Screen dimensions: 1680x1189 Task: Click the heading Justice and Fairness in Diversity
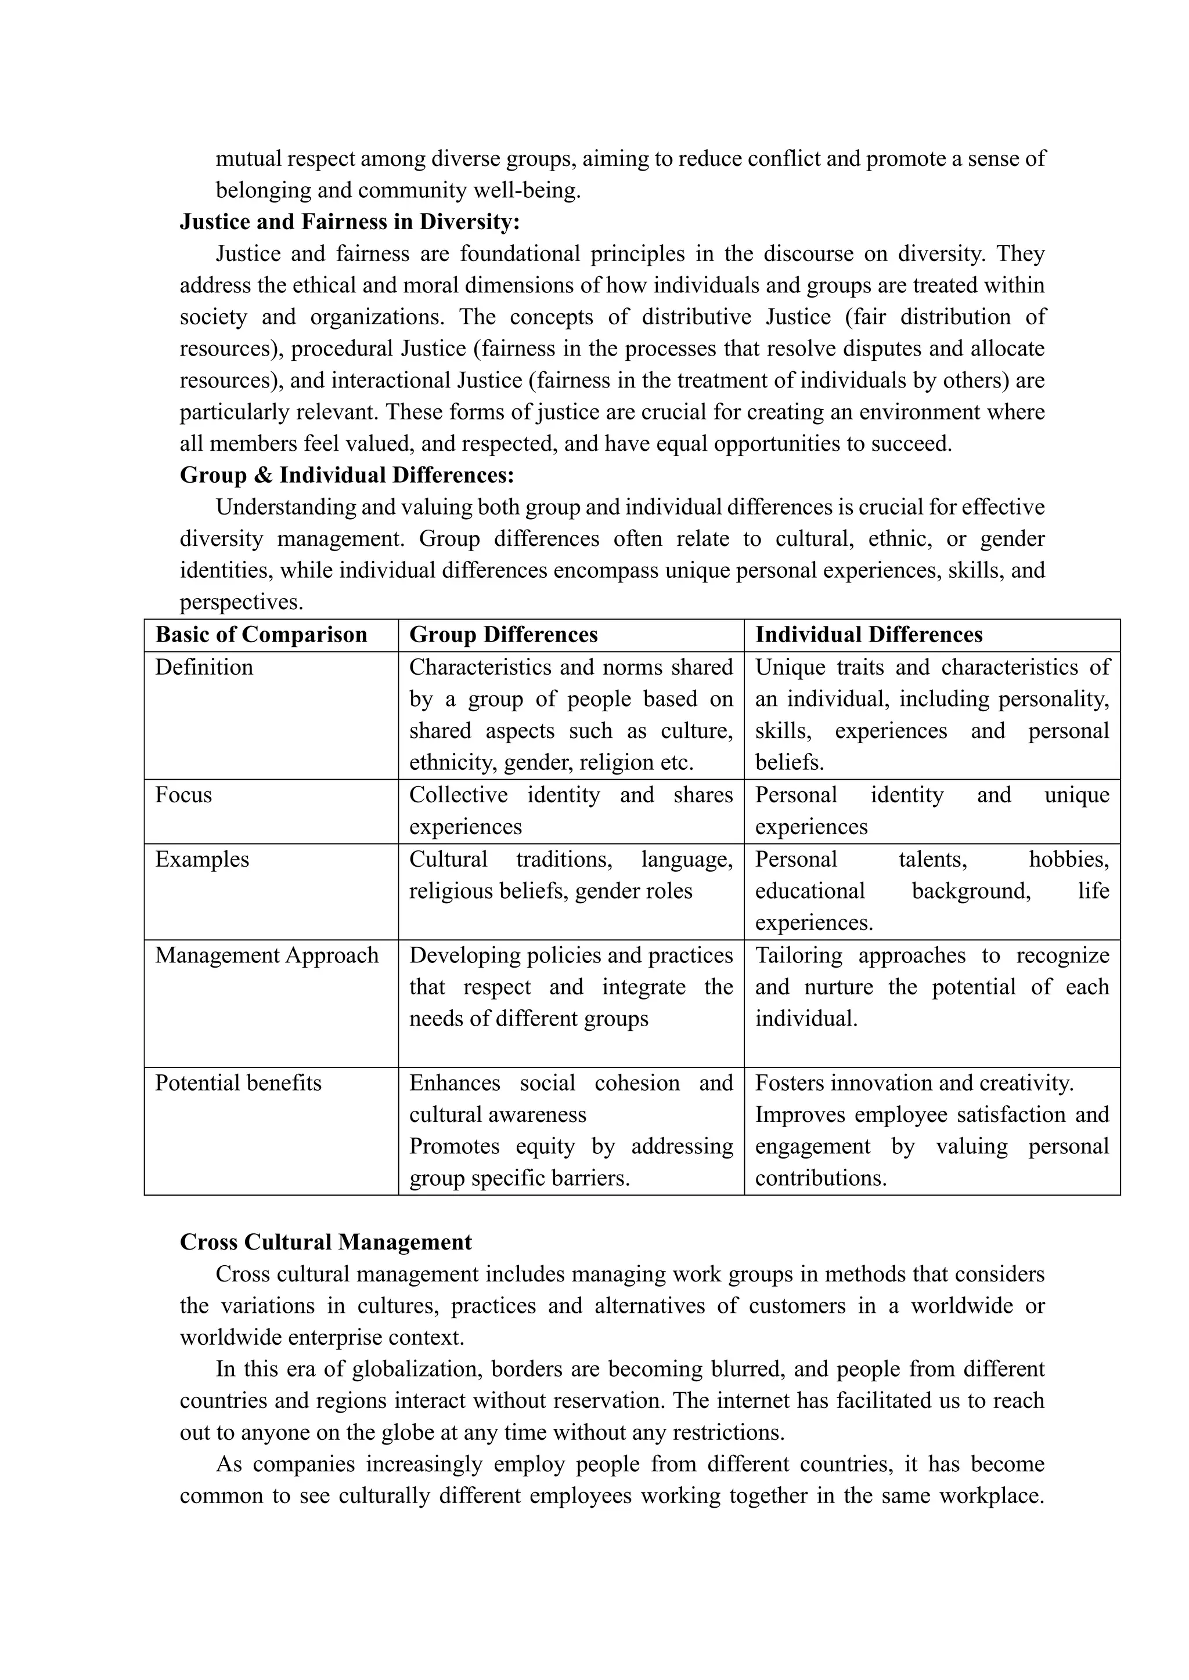tap(350, 222)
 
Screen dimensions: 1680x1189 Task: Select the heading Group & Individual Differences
tap(347, 476)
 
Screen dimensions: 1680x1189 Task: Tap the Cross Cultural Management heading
tap(326, 1243)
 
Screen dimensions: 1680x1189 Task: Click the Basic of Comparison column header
tap(261, 635)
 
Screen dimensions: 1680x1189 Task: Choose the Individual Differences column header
tap(869, 635)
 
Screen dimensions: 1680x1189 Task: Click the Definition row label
tap(204, 667)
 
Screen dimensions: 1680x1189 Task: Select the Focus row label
tap(184, 795)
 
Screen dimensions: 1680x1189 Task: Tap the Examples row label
tap(202, 860)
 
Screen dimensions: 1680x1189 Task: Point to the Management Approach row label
tap(266, 955)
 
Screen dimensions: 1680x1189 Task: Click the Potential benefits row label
tap(238, 1084)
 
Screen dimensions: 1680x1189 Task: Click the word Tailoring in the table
tap(797, 955)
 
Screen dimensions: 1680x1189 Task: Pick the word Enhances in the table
tap(454, 1084)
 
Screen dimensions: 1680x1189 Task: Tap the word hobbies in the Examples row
tap(1068, 860)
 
